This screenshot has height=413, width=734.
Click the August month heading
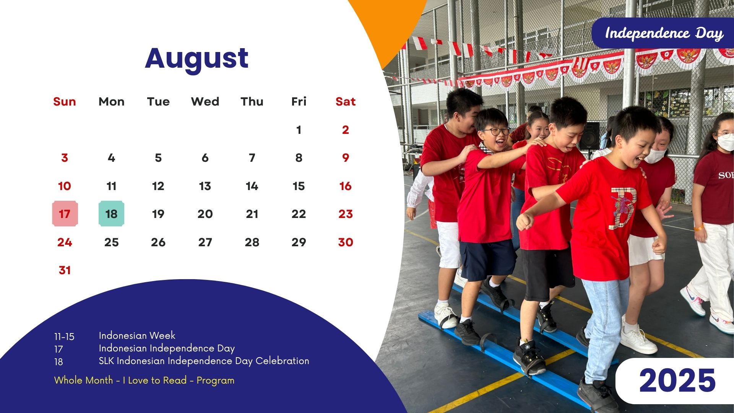coord(197,59)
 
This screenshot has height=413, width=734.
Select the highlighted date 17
coord(65,214)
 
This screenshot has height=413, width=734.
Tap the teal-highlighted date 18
coord(111,214)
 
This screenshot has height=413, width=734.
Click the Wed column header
coord(205,102)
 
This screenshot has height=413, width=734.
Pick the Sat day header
coord(346,102)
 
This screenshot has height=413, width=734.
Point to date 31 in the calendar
coord(65,270)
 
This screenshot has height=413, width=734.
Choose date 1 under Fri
coord(299,130)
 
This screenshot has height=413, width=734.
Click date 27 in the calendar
coord(205,242)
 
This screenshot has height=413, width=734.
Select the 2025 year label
coord(677,380)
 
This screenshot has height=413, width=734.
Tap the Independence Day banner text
coord(664,34)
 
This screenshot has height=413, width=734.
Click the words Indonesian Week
coord(137,336)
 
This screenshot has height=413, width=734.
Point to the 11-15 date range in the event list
coord(64,337)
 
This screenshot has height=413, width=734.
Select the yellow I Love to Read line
coord(144,380)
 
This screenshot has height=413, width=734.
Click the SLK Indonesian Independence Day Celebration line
coord(204,361)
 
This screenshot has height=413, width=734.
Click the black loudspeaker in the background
coord(589,136)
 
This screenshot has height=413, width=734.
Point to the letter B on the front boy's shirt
coord(623,208)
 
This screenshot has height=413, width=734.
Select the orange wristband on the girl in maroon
coord(699,228)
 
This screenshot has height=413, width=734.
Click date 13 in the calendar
coord(205,186)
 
